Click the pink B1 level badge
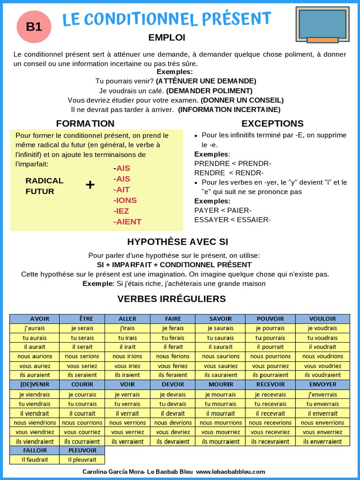34,27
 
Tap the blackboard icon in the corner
322,24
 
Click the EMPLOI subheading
167,37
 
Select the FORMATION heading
85,124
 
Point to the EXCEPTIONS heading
272,124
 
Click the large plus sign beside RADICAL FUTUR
90,185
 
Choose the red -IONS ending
125,200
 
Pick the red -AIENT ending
127,222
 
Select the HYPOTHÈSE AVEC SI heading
178,242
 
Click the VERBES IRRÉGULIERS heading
172,299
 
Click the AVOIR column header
35,319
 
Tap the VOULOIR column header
322,319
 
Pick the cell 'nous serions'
82,356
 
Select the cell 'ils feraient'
173,375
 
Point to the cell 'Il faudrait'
35,460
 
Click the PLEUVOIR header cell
82,450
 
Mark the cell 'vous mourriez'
220,432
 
